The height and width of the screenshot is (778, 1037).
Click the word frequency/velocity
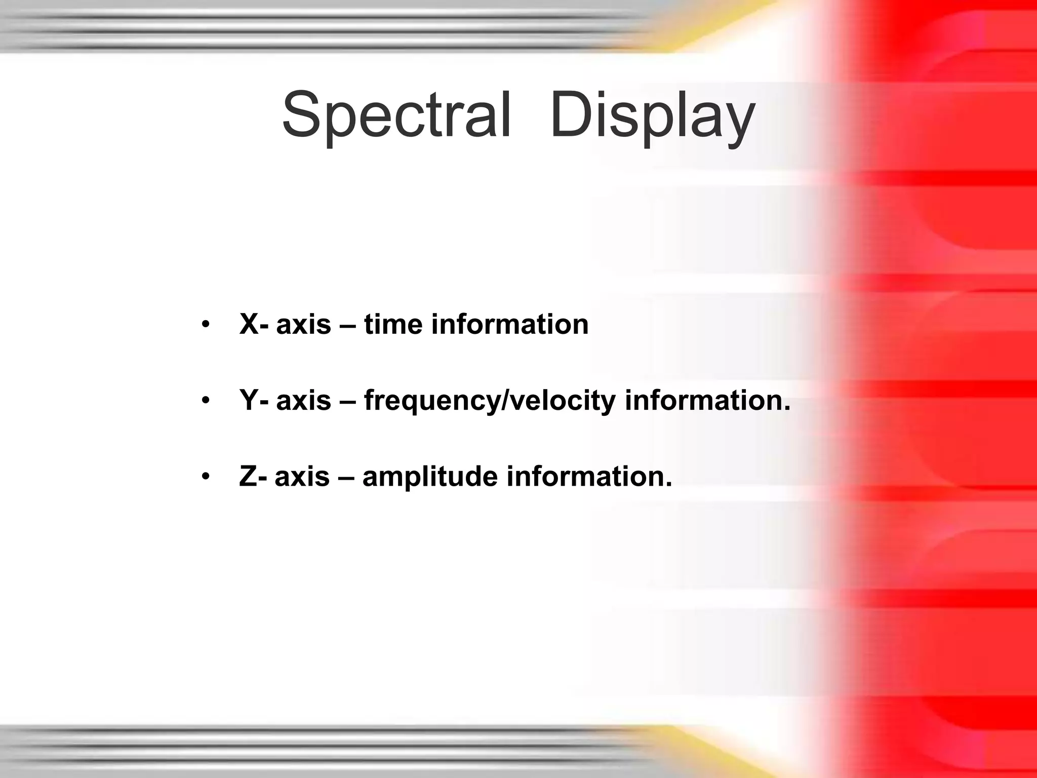(x=490, y=401)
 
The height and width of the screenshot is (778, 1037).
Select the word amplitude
(x=430, y=478)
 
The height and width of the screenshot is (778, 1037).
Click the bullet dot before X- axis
(x=205, y=325)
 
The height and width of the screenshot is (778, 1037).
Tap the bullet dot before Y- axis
(x=205, y=401)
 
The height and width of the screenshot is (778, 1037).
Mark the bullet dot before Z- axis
(x=205, y=478)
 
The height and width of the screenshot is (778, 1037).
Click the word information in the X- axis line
(x=510, y=324)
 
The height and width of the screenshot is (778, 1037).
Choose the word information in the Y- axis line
(x=707, y=400)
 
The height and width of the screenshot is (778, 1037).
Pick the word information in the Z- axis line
(x=589, y=477)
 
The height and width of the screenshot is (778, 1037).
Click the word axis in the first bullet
(x=303, y=325)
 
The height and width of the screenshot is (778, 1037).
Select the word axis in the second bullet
(x=303, y=401)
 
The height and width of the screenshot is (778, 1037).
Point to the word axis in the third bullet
(x=302, y=478)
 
